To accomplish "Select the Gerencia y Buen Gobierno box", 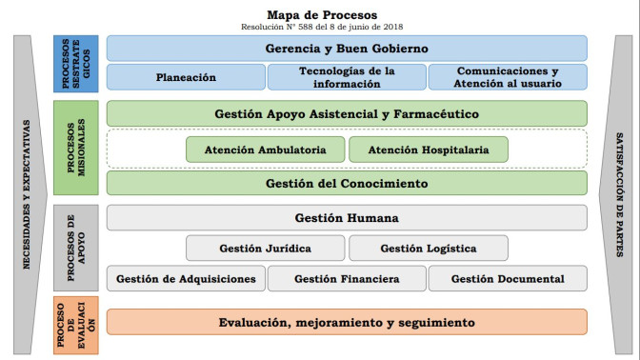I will coord(347,48).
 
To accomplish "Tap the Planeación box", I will coord(186,77).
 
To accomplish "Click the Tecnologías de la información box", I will coord(347,77).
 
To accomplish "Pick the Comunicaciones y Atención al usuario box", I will coord(507,77).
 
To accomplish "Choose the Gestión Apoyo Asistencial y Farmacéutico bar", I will coord(347,113).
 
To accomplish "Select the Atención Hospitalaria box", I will coord(428,150).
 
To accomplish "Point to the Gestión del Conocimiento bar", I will coord(347,183).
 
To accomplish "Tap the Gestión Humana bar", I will coord(347,218).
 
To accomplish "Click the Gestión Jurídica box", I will coord(265,248).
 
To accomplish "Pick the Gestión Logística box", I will coord(428,248).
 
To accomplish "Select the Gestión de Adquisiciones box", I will coord(186,279).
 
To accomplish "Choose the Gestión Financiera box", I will coord(347,279).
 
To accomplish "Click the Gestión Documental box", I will coord(507,279).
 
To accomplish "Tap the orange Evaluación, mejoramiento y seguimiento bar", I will coord(347,323).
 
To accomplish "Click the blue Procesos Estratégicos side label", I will coord(77,64).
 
